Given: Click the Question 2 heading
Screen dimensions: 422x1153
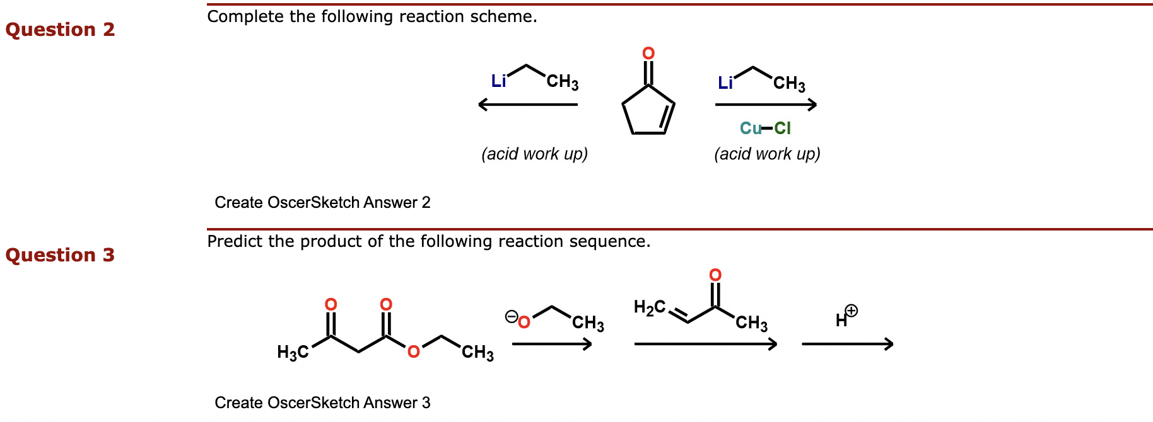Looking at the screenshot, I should pyautogui.click(x=60, y=30).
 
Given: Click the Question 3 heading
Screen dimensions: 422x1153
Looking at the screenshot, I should pyautogui.click(x=60, y=255).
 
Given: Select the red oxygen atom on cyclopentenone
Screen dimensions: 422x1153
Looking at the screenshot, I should pyautogui.click(x=648, y=54).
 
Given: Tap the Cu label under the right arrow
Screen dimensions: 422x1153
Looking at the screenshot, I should pyautogui.click(x=750, y=128).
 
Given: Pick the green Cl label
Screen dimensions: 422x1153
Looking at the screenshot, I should pyautogui.click(x=782, y=128).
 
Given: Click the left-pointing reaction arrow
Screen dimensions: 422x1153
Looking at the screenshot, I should pyautogui.click(x=527, y=105).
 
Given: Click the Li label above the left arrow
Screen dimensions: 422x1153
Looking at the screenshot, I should pyautogui.click(x=498, y=81).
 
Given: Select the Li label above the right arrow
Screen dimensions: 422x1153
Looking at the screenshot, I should pyautogui.click(x=725, y=83).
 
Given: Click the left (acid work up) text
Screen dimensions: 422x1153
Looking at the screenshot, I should pyautogui.click(x=534, y=154).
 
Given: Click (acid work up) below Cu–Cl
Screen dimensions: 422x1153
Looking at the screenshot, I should pyautogui.click(x=767, y=154).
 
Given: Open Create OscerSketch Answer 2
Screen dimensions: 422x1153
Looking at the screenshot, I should pyautogui.click(x=322, y=202).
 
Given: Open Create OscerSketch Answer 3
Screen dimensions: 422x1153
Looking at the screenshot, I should pyautogui.click(x=322, y=402).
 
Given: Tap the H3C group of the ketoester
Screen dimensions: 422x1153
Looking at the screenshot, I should pyautogui.click(x=293, y=352).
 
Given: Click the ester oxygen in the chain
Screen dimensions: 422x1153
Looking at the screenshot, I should pyautogui.click(x=414, y=351).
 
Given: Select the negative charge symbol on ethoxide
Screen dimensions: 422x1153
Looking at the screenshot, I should pyautogui.click(x=511, y=316).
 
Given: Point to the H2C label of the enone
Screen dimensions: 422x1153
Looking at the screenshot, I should pyautogui.click(x=650, y=307).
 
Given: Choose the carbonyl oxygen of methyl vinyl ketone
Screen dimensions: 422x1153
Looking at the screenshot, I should pyautogui.click(x=715, y=275).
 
